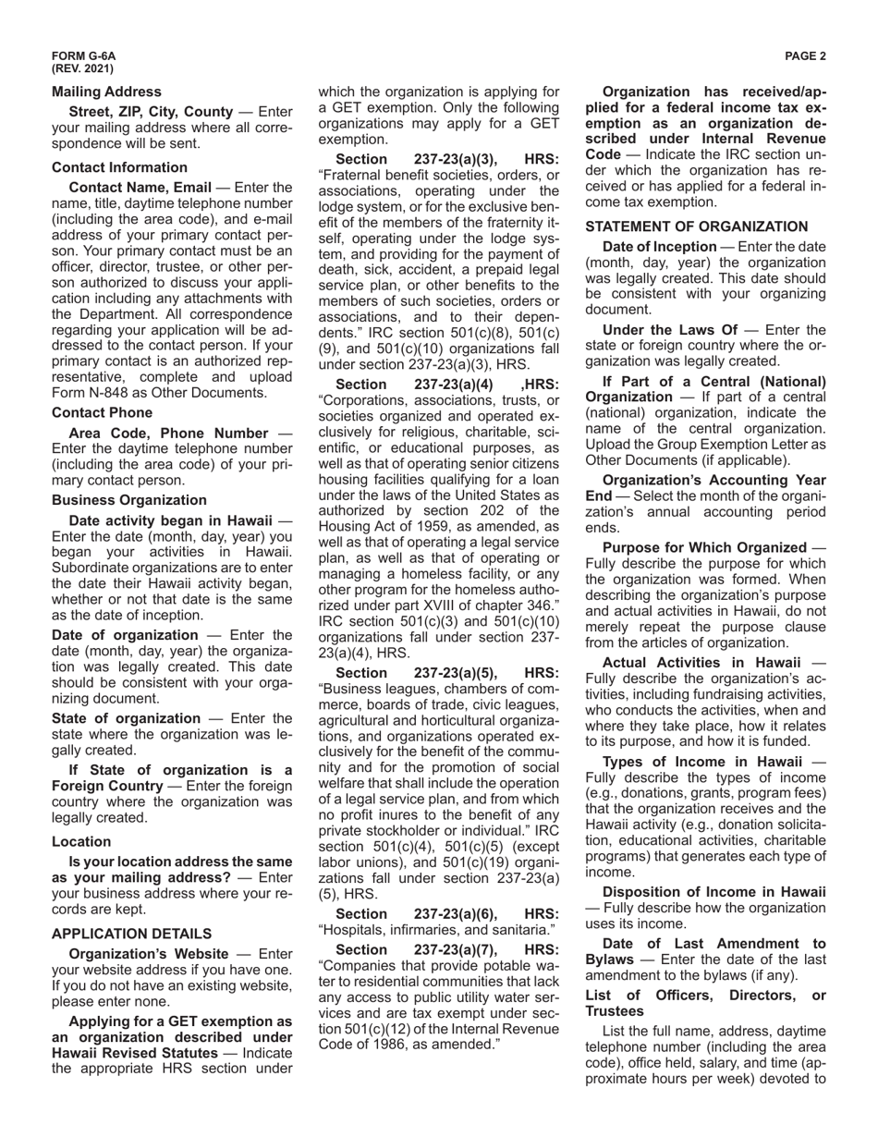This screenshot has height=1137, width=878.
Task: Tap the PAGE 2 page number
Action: tap(805, 56)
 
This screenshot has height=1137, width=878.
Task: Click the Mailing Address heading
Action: tap(106, 92)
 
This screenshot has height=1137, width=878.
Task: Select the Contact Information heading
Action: tap(119, 167)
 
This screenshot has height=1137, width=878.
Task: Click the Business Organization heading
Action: tap(128, 500)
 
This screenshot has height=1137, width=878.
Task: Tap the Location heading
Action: tap(81, 841)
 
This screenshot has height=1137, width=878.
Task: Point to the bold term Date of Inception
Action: tap(659, 246)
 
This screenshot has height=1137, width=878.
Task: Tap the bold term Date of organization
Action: tap(125, 635)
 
